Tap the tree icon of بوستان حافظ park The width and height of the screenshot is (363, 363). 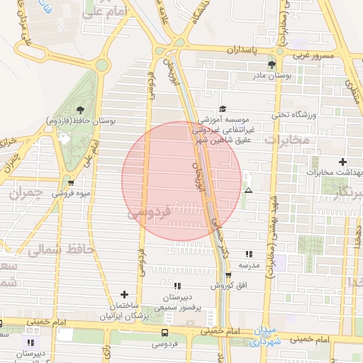click(x=79, y=109)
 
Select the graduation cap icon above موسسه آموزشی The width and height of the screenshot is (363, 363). click(x=223, y=109)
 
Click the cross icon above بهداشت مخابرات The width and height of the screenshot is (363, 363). click(x=343, y=162)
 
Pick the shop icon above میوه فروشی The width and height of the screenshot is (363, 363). click(x=69, y=183)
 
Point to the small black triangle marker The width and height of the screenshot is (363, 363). click(x=248, y=190)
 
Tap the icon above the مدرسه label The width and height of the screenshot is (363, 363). click(x=248, y=254)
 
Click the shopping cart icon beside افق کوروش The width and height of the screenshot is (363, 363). click(x=228, y=275)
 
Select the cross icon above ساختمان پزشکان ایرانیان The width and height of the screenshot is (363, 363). click(x=125, y=294)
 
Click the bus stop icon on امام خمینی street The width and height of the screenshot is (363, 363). click(x=165, y=332)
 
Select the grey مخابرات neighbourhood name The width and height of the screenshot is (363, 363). click(x=287, y=140)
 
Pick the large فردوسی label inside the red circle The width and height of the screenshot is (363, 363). click(x=150, y=211)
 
